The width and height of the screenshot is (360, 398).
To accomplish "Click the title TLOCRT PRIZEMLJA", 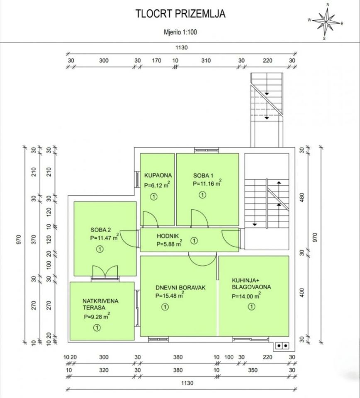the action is click(180, 14).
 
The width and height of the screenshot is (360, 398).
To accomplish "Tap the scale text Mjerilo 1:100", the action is click(180, 32).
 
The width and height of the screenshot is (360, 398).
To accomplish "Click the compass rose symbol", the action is click(326, 22).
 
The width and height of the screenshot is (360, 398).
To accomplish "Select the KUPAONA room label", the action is click(158, 175).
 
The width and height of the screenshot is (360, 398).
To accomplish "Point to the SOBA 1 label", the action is click(203, 175).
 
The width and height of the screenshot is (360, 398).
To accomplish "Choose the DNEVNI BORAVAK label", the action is click(180, 288).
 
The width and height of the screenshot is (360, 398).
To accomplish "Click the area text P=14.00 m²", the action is click(246, 296).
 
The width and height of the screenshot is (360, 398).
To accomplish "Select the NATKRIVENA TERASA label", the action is click(100, 304).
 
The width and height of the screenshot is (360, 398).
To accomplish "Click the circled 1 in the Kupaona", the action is click(153, 197).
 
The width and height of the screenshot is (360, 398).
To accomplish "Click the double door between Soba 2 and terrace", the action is click(105, 272).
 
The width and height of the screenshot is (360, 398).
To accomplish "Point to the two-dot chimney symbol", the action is click(282, 345).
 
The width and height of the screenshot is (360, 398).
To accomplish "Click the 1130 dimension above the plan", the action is click(182, 47).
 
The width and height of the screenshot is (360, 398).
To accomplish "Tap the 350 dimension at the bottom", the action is click(253, 370).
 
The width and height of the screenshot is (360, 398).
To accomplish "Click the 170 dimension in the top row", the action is click(156, 61).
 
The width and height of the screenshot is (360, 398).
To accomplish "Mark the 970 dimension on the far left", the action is click(19, 240).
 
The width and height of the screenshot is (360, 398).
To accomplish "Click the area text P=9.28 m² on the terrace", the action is click(97, 316).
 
